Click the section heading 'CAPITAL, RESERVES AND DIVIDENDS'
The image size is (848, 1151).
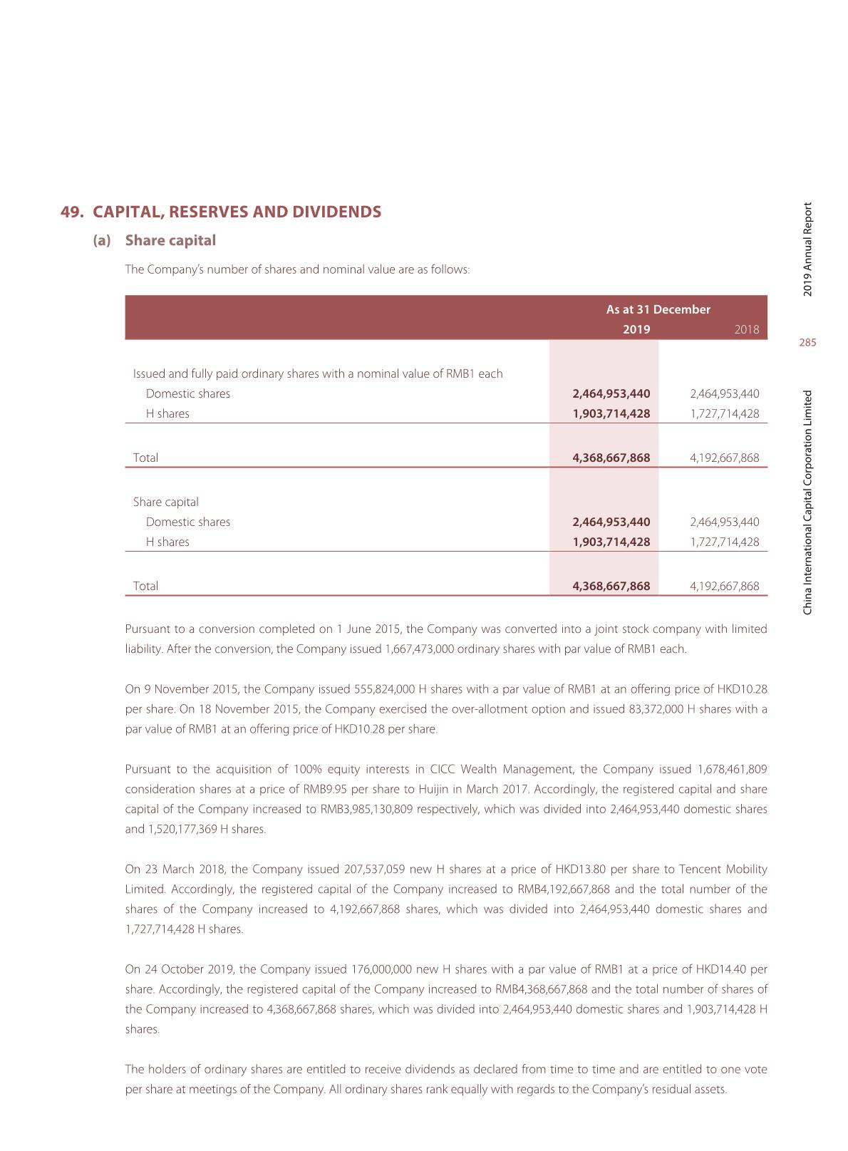[x=237, y=212]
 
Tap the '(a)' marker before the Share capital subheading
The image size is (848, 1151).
[x=102, y=241]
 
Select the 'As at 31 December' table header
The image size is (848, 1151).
[x=658, y=309]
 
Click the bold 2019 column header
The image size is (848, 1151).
[x=636, y=329]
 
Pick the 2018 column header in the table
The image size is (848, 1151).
[x=746, y=329]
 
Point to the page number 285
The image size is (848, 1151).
[x=807, y=343]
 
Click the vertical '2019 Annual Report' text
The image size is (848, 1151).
[x=807, y=249]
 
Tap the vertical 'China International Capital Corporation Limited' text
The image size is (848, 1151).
[x=807, y=502]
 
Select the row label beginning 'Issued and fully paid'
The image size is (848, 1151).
[x=318, y=373]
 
